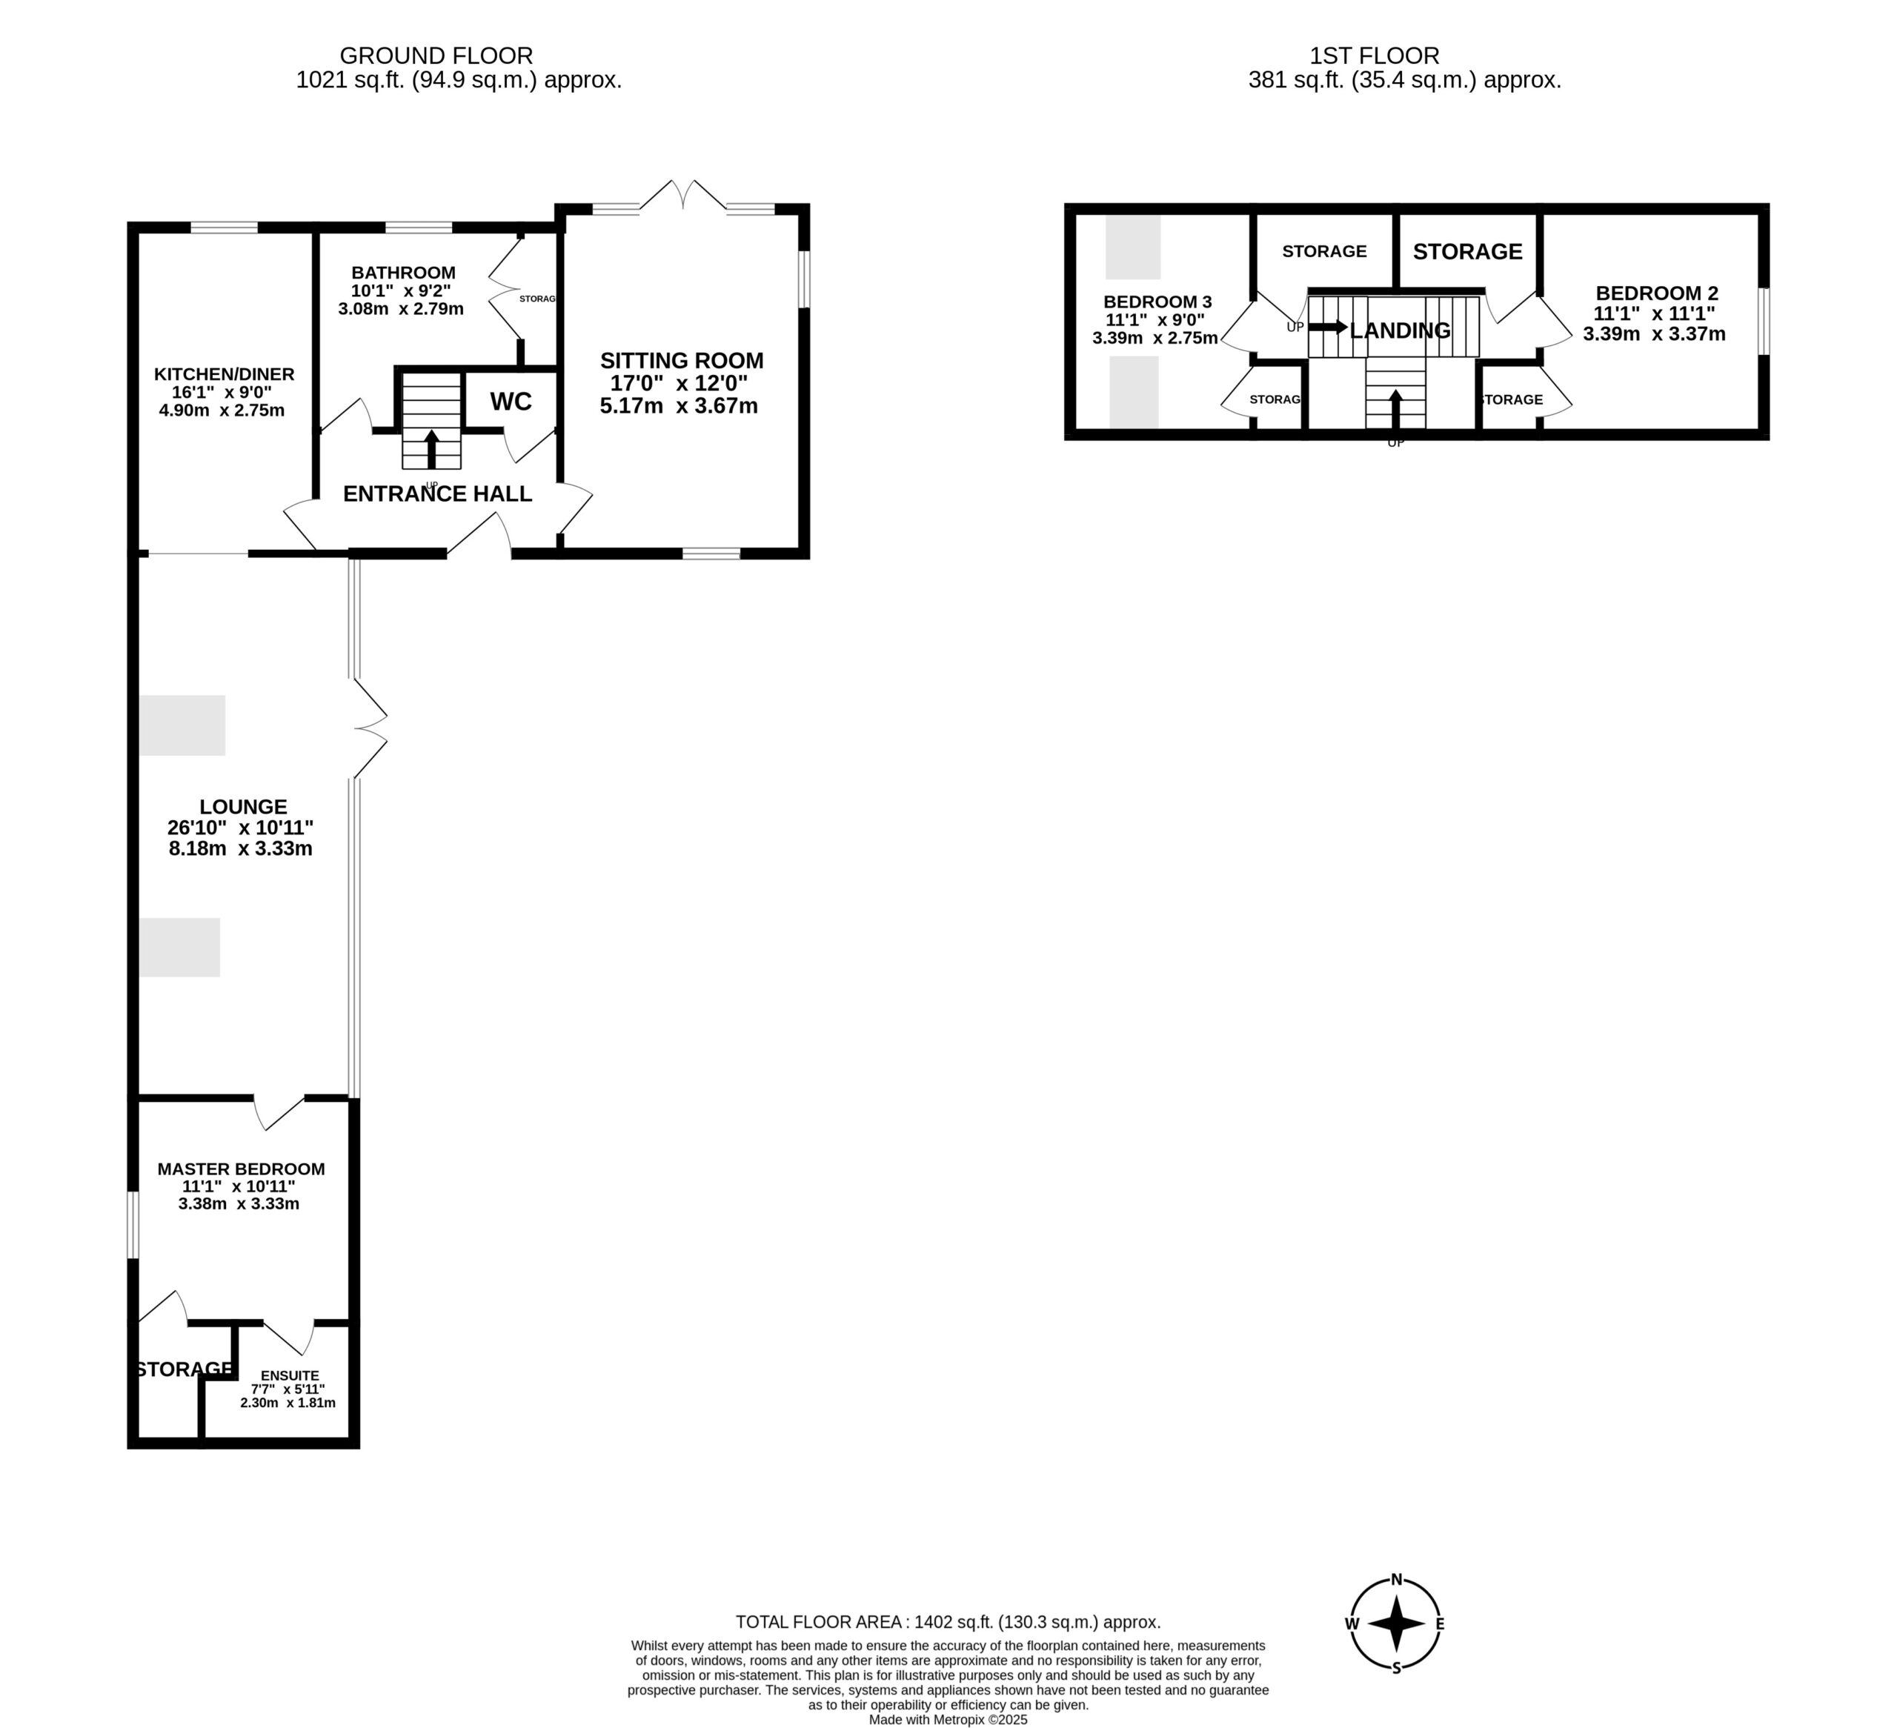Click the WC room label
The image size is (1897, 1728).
coord(511,402)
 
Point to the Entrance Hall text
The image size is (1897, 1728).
coord(437,494)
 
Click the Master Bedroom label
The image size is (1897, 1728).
coord(241,1169)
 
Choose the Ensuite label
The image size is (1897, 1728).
coord(290,1375)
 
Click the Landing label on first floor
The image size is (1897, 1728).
coord(1401,330)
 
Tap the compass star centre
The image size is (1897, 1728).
coord(1396,1624)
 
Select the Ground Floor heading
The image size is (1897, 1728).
coord(436,56)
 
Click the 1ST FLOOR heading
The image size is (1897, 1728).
coord(1375,56)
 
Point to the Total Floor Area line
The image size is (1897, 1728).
coord(948,1621)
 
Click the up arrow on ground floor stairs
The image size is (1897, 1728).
coord(432,450)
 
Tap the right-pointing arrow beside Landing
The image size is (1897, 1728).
coord(1328,327)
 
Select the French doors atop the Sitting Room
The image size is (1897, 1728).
coord(683,195)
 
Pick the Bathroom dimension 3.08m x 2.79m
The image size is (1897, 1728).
coord(401,309)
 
